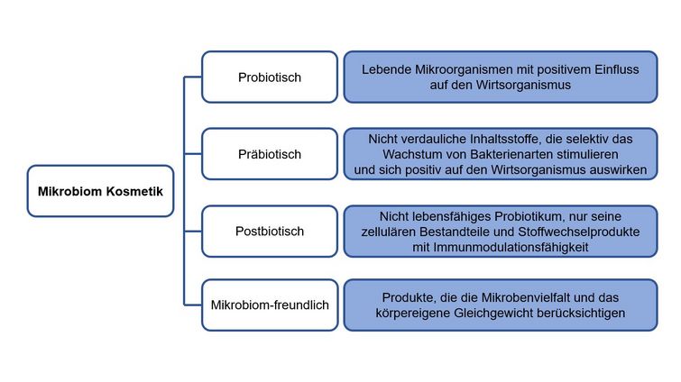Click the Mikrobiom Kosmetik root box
click(x=100, y=191)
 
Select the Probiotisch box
click(x=270, y=77)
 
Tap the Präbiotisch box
click(x=270, y=154)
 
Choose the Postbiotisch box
click(x=270, y=232)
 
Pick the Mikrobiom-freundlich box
click(x=270, y=305)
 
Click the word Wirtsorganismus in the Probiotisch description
click(x=523, y=85)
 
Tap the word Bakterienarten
click(x=511, y=154)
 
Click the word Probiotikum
click(x=528, y=216)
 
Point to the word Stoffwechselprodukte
click(x=579, y=232)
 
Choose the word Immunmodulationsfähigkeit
click(x=511, y=247)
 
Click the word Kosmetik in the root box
click(x=134, y=191)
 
